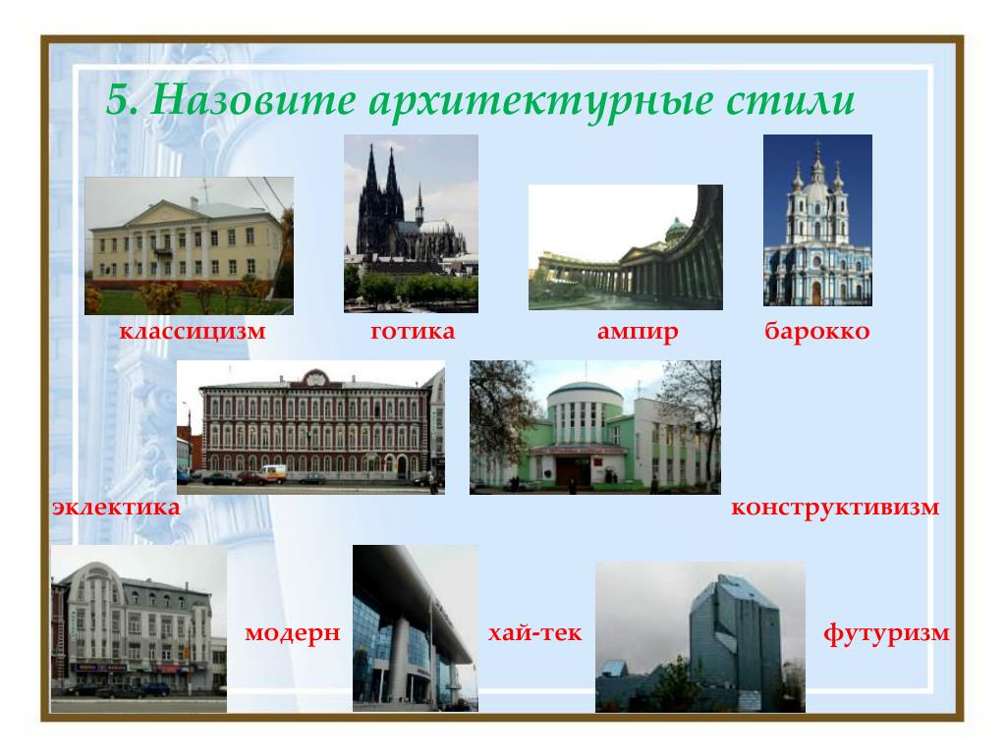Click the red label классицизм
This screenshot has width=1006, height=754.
(192, 332)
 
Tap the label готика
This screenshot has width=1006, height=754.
(413, 331)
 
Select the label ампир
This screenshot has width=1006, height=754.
(637, 332)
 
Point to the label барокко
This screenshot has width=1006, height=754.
(816, 331)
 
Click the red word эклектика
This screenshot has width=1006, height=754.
(116, 508)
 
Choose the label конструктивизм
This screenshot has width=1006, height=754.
(835, 508)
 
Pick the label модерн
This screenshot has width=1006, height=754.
(292, 633)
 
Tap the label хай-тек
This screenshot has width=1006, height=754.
(534, 633)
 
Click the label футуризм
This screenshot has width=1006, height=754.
(886, 633)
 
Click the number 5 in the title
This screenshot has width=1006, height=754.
(121, 100)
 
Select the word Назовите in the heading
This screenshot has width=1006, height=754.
(253, 100)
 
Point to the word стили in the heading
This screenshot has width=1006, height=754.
(791, 101)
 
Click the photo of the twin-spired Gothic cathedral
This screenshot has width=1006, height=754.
(411, 224)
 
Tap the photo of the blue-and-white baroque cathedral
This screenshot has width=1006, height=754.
(817, 220)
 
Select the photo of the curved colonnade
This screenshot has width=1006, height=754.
(626, 247)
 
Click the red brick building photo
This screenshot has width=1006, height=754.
(311, 427)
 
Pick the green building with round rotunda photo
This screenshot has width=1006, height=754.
(595, 427)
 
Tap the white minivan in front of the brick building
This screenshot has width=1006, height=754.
(273, 474)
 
